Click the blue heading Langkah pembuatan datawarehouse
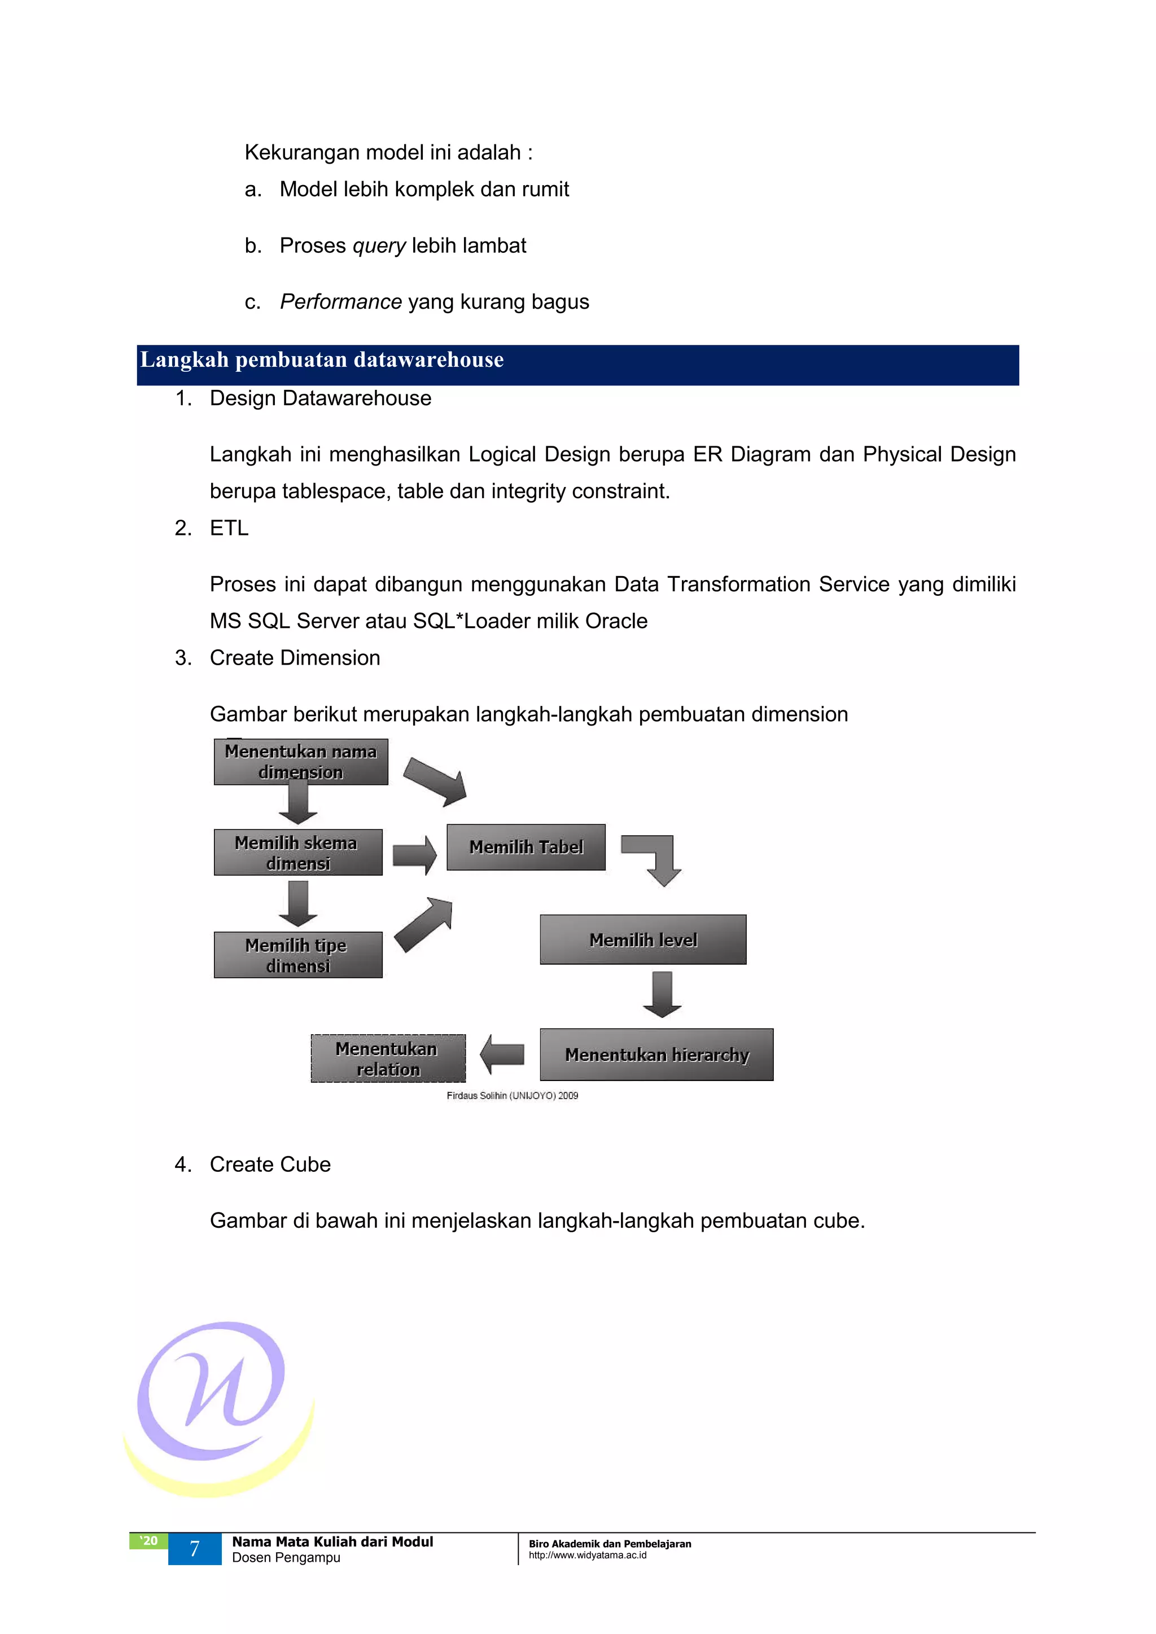322,360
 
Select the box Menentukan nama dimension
300,762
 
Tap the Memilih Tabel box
526,847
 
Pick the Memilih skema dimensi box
297,852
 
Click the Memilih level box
643,939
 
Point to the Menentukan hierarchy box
656,1054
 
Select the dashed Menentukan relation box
388,1058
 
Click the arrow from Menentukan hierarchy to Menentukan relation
502,1054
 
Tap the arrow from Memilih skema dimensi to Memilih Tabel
414,854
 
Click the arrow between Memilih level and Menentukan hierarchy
662,994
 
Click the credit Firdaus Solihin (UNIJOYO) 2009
512,1095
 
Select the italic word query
379,245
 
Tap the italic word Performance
340,302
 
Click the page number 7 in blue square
194,1549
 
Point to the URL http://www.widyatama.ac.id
587,1555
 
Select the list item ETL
229,528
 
